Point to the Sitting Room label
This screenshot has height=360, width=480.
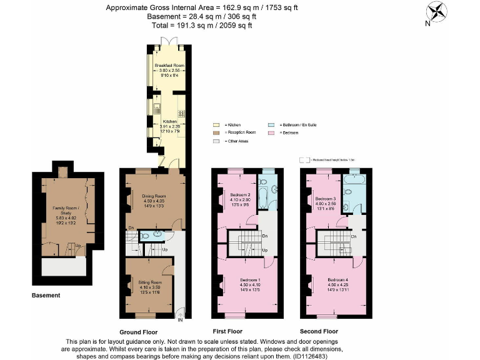click(150, 282)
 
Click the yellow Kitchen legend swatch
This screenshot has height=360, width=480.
click(216, 125)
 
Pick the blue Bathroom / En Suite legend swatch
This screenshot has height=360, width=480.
click(272, 125)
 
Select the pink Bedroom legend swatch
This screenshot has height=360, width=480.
click(272, 133)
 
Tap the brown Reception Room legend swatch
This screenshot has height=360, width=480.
click(216, 133)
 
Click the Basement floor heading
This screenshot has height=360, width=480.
click(46, 295)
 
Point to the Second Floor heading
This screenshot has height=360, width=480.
click(319, 331)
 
